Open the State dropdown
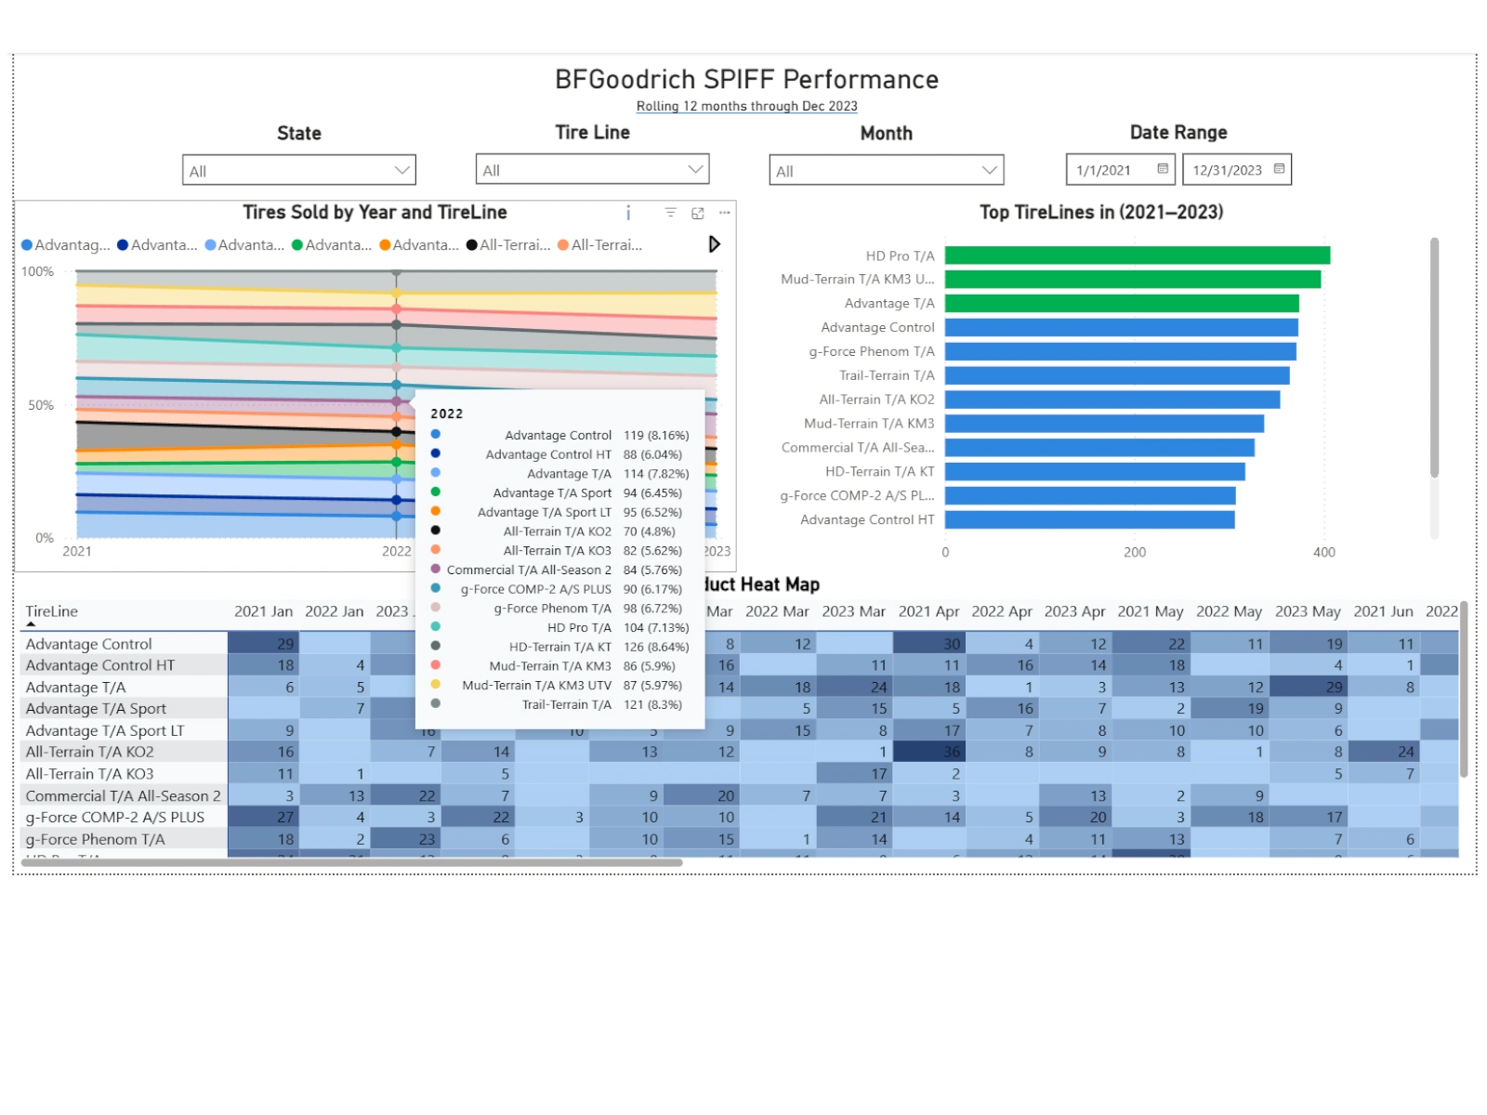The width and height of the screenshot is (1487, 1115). point(298,170)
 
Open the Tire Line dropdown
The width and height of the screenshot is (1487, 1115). point(592,169)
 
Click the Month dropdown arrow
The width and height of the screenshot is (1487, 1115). point(989,170)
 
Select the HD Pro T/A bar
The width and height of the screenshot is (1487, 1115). point(1137,256)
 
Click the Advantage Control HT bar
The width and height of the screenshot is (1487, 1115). point(1089,519)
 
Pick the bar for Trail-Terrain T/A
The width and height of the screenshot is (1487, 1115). point(1116,375)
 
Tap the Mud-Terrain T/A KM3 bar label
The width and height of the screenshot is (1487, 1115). point(869,424)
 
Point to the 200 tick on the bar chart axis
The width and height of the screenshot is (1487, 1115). point(1135,552)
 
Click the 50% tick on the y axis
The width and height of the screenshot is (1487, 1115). point(41,405)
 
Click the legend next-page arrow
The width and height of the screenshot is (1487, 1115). point(714,244)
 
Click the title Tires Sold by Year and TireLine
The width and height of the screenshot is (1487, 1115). point(375,213)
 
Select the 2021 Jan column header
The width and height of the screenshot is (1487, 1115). point(263,611)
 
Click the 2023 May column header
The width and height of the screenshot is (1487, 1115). point(1307,611)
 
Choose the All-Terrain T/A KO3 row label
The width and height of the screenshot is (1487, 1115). point(89,774)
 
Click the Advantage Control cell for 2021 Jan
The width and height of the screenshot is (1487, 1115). point(263,644)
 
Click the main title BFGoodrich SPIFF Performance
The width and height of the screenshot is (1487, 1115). point(746,80)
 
